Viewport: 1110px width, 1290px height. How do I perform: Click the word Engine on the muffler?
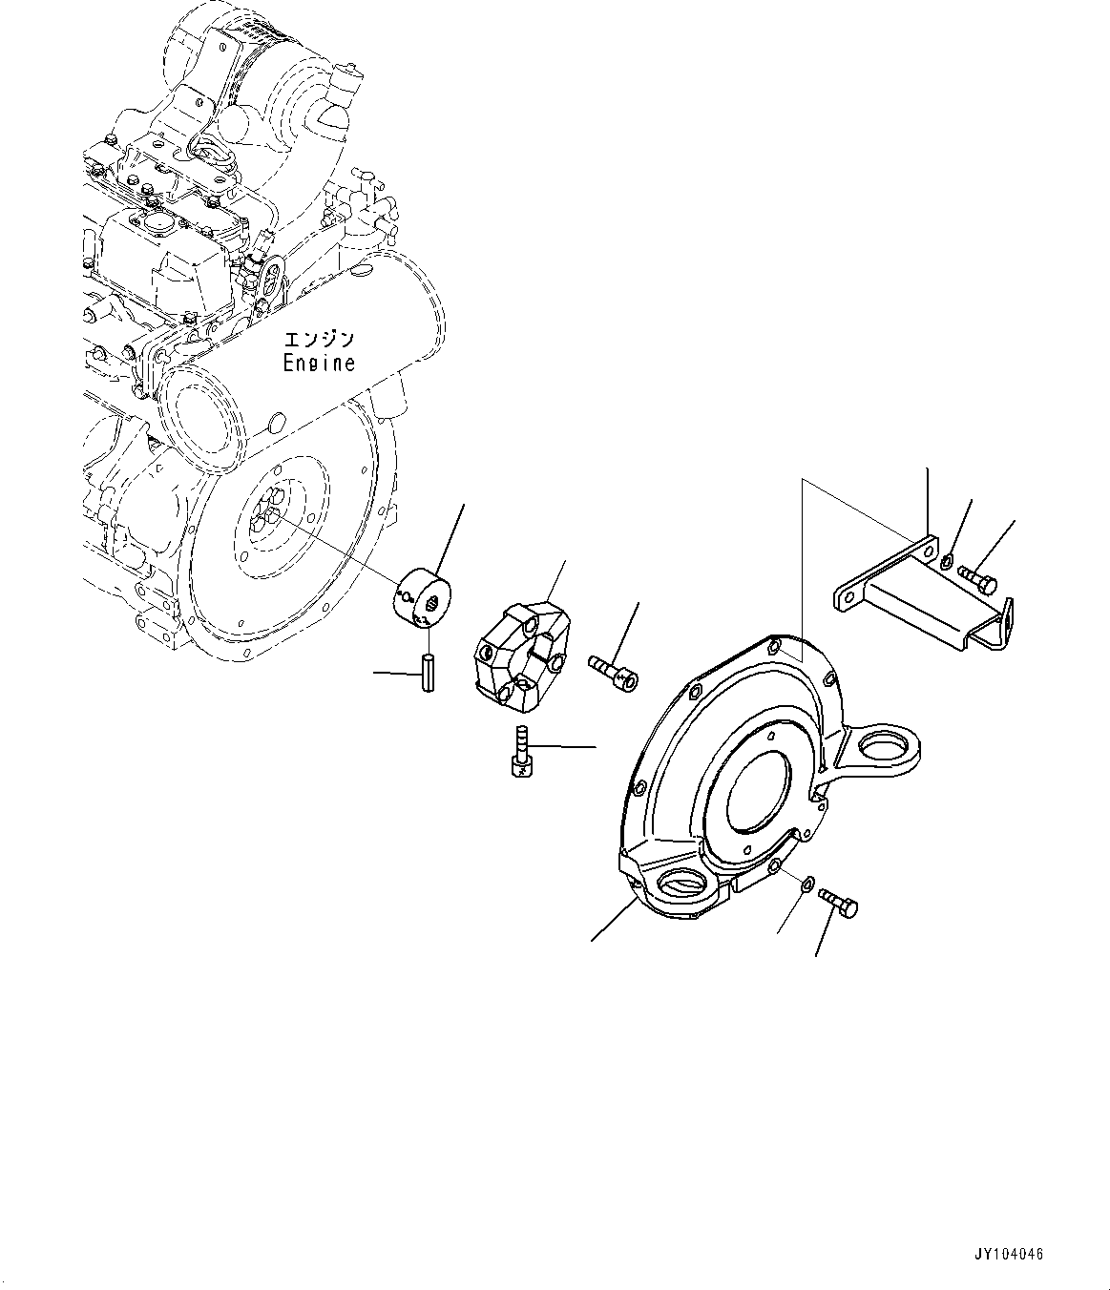(x=319, y=364)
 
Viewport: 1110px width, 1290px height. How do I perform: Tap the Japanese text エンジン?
(x=319, y=340)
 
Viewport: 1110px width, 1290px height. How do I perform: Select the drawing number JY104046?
(x=1011, y=1255)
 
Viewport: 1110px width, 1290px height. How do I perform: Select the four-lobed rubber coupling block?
(x=522, y=655)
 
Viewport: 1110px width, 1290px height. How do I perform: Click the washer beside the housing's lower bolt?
(x=806, y=884)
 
